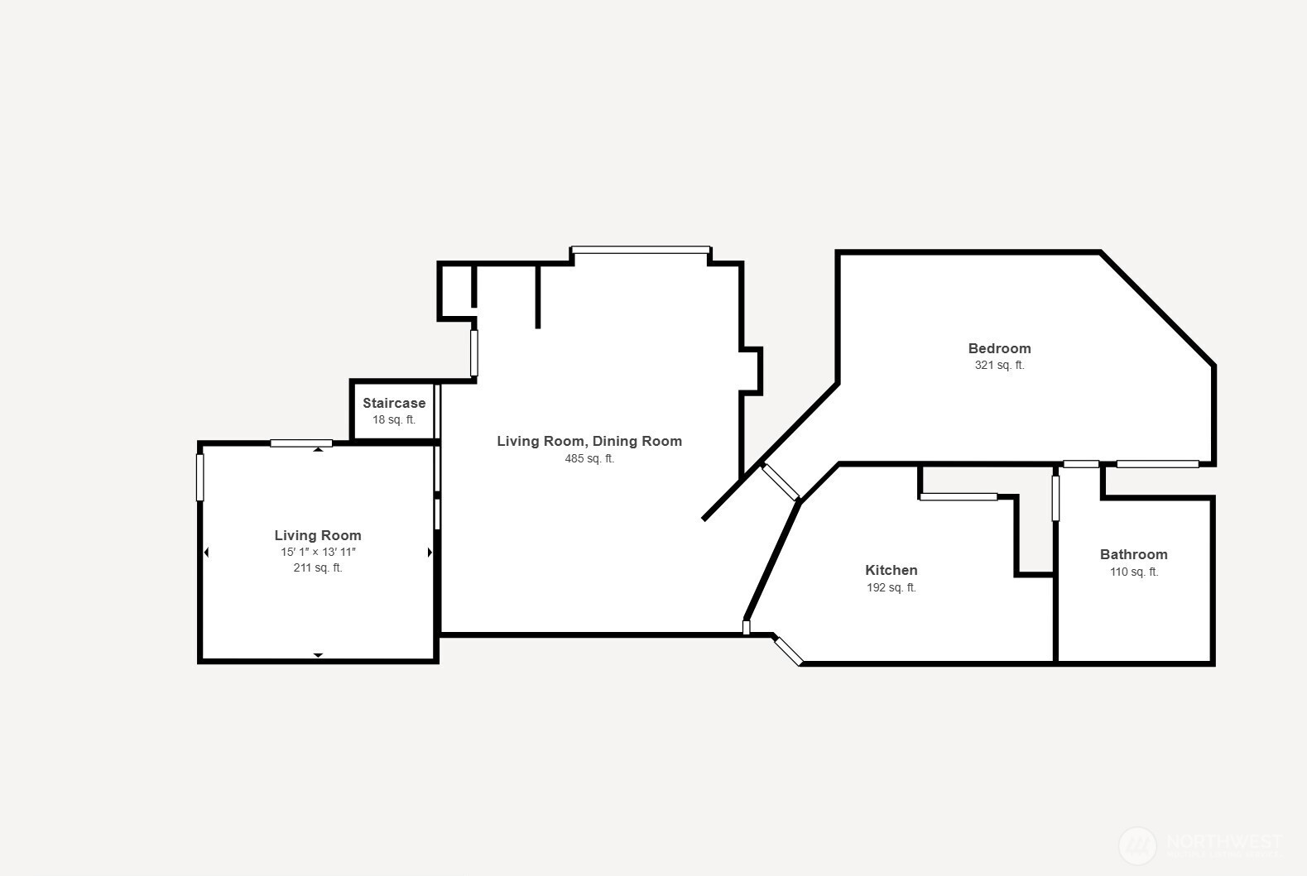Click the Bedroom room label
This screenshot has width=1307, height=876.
point(999,348)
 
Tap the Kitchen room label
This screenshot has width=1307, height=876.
point(891,570)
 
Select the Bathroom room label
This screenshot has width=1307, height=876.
point(1133,554)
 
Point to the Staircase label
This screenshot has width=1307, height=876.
point(394,403)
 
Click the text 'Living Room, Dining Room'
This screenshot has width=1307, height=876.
point(589,441)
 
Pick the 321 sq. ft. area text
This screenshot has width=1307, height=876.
point(999,365)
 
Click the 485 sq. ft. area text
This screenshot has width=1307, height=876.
point(589,458)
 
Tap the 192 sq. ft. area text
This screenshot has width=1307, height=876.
point(891,587)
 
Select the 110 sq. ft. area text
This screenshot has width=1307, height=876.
point(1133,572)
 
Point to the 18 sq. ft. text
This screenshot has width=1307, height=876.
point(394,419)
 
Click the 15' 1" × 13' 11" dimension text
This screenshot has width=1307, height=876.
point(318,552)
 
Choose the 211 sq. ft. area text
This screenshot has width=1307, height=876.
point(318,567)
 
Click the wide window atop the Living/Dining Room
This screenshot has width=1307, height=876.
point(641,250)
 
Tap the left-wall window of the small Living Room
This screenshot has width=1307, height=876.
point(199,477)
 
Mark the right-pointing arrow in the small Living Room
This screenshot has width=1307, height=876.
point(430,553)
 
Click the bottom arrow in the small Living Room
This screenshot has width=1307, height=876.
point(318,655)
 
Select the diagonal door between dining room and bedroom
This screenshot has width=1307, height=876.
point(780,481)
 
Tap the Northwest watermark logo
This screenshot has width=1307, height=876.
point(1137,845)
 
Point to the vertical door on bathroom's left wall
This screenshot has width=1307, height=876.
point(1055,498)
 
